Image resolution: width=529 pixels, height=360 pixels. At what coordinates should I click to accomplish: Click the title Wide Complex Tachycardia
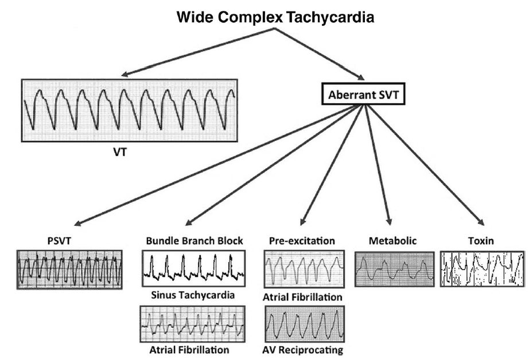(x=275, y=17)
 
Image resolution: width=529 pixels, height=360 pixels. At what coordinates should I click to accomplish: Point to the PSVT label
(x=59, y=241)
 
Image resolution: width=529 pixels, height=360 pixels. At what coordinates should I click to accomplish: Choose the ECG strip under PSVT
(x=69, y=269)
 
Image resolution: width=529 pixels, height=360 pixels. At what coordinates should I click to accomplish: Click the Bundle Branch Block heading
(x=195, y=240)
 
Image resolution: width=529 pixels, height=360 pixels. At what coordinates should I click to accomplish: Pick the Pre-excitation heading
(x=302, y=241)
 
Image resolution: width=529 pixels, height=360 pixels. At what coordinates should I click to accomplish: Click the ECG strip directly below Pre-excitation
(x=304, y=269)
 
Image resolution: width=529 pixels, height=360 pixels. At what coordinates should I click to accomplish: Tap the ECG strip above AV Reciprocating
(x=304, y=324)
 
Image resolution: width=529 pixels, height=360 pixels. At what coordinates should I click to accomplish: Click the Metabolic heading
(x=393, y=241)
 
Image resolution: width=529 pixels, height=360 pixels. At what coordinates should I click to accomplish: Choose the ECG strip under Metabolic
(x=393, y=267)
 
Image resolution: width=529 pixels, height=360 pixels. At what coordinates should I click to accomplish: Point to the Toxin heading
(x=482, y=241)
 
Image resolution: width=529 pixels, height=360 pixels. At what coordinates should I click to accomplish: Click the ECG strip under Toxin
(x=483, y=268)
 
